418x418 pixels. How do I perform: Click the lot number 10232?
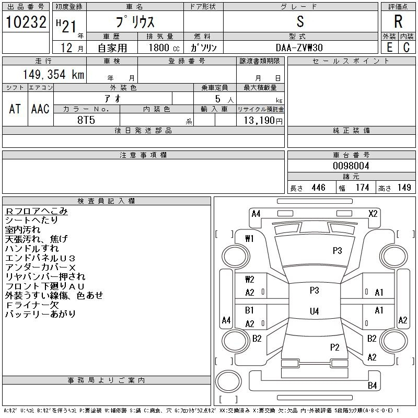(x=26, y=22)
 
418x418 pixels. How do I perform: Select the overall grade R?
(x=398, y=21)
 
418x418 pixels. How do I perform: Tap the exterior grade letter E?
(x=389, y=48)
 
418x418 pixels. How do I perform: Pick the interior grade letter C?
(x=407, y=48)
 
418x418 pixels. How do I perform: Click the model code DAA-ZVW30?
(x=299, y=48)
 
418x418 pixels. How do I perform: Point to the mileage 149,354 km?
(x=53, y=74)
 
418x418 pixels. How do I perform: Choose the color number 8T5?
(x=86, y=120)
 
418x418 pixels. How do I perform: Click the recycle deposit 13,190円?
(x=263, y=121)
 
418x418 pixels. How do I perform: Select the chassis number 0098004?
(x=351, y=166)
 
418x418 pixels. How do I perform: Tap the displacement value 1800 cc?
(x=164, y=48)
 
